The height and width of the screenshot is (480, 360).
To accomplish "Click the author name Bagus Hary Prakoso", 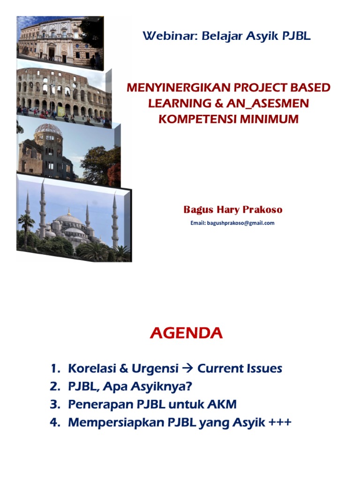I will coord(232,210).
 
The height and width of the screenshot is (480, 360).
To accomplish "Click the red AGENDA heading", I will coord(186,333).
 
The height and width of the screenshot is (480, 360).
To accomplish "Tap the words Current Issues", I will coord(240,368).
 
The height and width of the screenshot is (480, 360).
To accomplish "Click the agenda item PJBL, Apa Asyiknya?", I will coord(130,387).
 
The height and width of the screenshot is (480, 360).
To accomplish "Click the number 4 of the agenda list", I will coord(53,422).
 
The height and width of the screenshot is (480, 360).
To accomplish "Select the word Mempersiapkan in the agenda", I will coord(115,423).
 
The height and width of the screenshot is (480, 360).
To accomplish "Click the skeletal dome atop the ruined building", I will coord(49,131).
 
